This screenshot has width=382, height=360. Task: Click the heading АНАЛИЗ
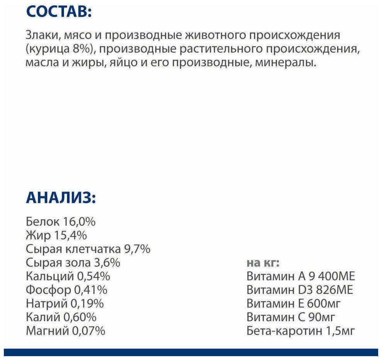tap(61, 199)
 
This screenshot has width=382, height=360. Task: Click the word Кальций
tap(49, 276)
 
